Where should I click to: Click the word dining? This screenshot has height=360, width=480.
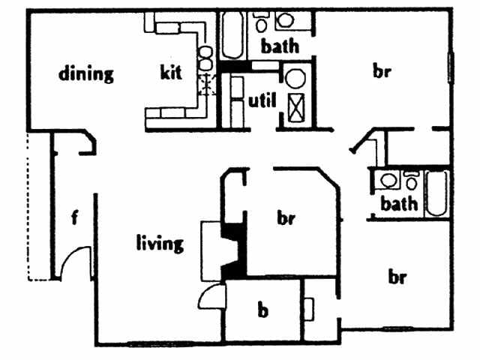[86, 73]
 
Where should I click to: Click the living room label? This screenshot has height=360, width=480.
[160, 243]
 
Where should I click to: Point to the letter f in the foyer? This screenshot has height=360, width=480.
[74, 218]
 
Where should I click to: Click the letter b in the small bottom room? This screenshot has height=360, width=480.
[262, 310]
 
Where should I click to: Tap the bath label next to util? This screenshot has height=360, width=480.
[279, 46]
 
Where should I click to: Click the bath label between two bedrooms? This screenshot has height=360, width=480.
[398, 203]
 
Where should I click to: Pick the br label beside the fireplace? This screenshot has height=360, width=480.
[285, 219]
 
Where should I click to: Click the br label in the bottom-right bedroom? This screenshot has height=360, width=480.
[397, 277]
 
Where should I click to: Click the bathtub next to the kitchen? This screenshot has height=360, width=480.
[231, 35]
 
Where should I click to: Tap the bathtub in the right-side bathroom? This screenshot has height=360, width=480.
[436, 193]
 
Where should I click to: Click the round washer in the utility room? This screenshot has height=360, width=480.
[293, 78]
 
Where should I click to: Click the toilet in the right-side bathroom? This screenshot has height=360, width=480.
[411, 181]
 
